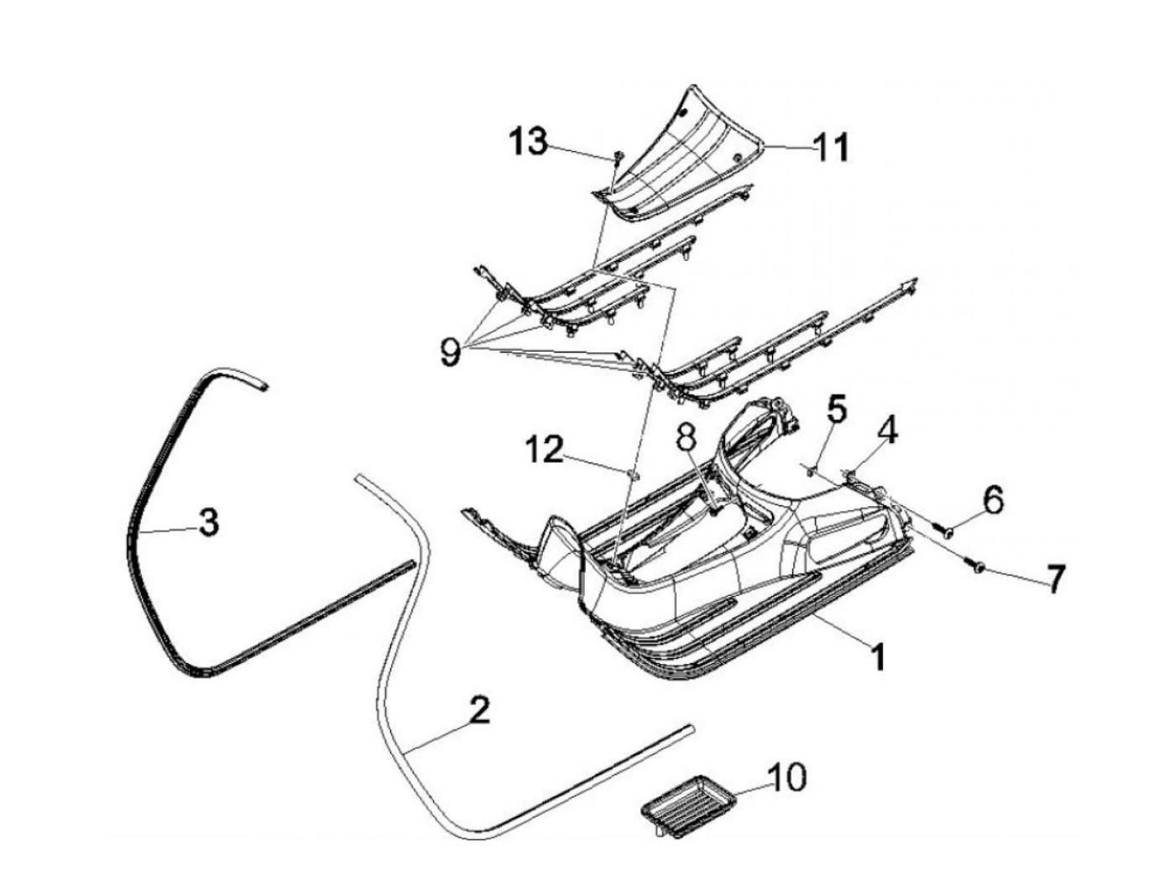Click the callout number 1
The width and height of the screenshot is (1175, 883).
tap(877, 656)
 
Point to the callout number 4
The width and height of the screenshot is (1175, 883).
tap(887, 432)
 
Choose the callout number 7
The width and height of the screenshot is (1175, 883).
tap(1054, 577)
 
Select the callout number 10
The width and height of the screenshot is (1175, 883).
tap(788, 776)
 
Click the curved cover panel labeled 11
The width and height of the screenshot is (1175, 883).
tap(688, 155)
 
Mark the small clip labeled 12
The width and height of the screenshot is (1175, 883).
tap(634, 476)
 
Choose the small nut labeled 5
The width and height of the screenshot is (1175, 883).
tap(810, 470)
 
